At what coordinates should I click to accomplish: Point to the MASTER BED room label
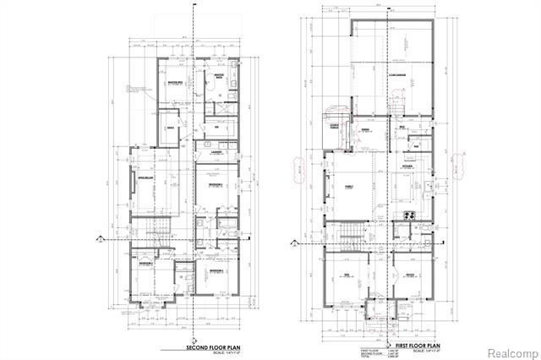click(x=176, y=82)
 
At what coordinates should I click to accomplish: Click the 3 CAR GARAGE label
click(x=398, y=75)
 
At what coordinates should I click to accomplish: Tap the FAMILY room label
click(x=347, y=185)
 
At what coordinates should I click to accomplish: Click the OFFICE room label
click(x=407, y=275)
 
